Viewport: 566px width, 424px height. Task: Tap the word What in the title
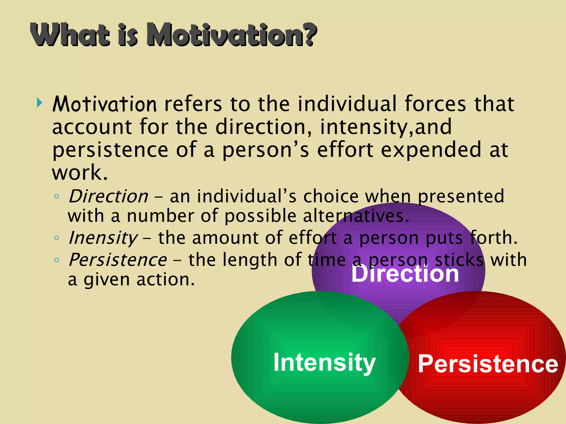[70, 35]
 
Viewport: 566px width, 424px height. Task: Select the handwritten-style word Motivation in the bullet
[104, 104]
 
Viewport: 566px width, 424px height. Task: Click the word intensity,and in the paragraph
[386, 127]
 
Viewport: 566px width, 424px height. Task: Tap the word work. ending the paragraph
[80, 173]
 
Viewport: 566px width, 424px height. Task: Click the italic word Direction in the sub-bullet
[108, 197]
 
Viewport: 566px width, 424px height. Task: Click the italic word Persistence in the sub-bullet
[118, 260]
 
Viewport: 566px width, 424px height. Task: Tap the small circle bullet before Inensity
[57, 238]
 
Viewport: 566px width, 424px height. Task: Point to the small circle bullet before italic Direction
[57, 197]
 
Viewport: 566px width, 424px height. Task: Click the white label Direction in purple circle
[405, 274]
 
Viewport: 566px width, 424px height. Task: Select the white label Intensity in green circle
[324, 362]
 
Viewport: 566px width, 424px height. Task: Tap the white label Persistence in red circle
[488, 364]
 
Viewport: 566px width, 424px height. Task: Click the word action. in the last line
[166, 280]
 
